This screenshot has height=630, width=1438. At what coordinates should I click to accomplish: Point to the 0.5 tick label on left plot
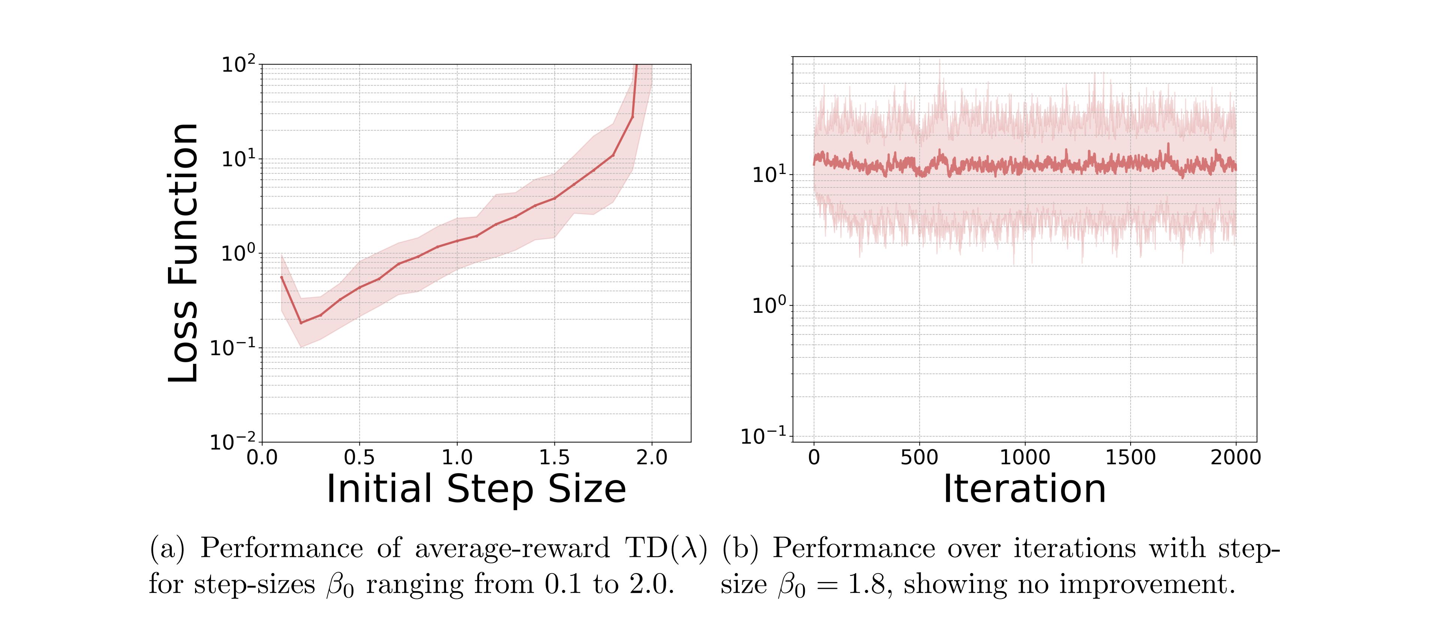coord(359,458)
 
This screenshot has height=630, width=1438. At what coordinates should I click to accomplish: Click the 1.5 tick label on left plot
coord(554,458)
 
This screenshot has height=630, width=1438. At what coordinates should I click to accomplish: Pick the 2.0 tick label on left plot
coord(652,458)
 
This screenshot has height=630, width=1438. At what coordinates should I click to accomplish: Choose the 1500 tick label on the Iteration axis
coord(1130,458)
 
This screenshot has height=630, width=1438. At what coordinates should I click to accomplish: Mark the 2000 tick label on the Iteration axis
coord(1235,458)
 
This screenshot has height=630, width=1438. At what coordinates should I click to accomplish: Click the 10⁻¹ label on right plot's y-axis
coord(763,435)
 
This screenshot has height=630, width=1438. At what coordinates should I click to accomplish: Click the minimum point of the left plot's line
coord(301,323)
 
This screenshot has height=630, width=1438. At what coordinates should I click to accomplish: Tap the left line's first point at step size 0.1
coord(282,277)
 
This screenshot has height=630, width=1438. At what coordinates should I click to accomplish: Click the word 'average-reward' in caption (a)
coord(512,549)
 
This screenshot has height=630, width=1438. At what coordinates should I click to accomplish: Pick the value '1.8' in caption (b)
coord(866,585)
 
